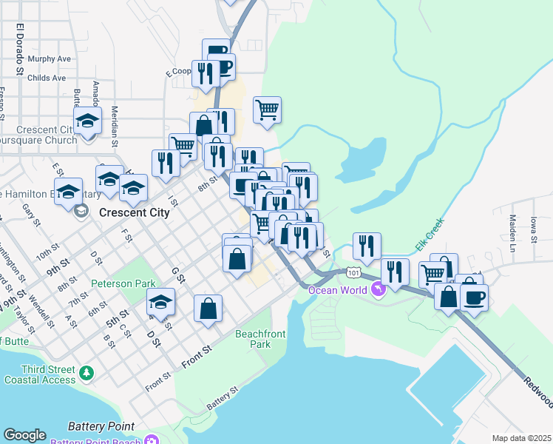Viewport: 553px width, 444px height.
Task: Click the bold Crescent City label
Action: pos(134,212)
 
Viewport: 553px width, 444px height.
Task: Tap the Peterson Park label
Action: pos(123,283)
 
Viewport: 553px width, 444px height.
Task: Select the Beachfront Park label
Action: pos(260,339)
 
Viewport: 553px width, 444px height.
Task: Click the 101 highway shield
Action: pos(356,273)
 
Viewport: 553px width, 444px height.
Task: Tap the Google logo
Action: pos(24,435)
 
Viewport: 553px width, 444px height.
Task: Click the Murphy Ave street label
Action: pos(49,58)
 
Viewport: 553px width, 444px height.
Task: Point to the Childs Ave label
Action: pos(47,77)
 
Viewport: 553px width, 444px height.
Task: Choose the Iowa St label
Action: pos(533,229)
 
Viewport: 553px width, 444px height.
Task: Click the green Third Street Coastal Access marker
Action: pos(87,371)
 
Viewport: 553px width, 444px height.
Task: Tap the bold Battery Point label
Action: pos(101,426)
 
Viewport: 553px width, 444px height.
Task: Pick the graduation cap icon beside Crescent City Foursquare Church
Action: pos(87,121)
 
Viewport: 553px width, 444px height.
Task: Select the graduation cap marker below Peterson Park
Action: pos(160,302)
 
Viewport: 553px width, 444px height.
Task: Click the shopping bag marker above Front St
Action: pos(208,308)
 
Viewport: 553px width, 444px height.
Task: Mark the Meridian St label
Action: pos(115,123)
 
